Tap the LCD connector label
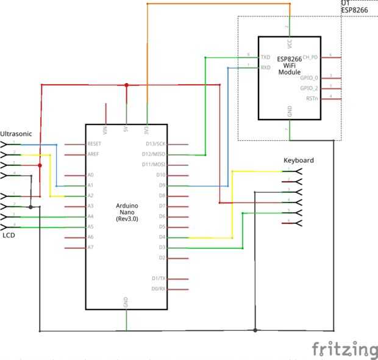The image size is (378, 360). click(x=9, y=235)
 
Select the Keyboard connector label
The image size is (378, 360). click(x=299, y=160)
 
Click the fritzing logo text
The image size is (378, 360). click(x=344, y=350)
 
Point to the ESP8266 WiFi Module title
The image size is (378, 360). click(x=290, y=65)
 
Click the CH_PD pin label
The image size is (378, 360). click(x=310, y=57)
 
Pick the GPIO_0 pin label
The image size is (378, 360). click(x=309, y=77)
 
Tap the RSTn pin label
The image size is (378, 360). click(x=312, y=98)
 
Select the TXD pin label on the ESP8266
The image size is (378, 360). click(x=265, y=57)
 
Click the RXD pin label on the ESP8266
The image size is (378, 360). click(x=265, y=68)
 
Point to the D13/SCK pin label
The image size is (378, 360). click(x=154, y=144)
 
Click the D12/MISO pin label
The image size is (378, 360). click(x=154, y=154)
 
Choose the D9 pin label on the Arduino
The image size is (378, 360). click(x=162, y=185)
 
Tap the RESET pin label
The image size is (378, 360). click(x=94, y=144)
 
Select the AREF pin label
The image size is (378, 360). click(x=93, y=154)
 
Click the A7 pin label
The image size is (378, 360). click(x=90, y=247)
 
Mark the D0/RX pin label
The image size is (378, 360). click(x=158, y=289)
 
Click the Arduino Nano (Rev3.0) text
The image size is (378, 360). click(x=127, y=212)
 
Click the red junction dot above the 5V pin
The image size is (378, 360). click(x=126, y=85)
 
